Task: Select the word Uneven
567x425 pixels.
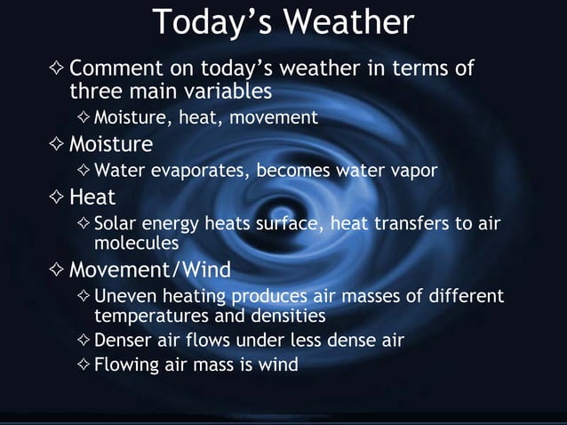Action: [124, 295]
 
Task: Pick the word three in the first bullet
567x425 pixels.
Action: [92, 92]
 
